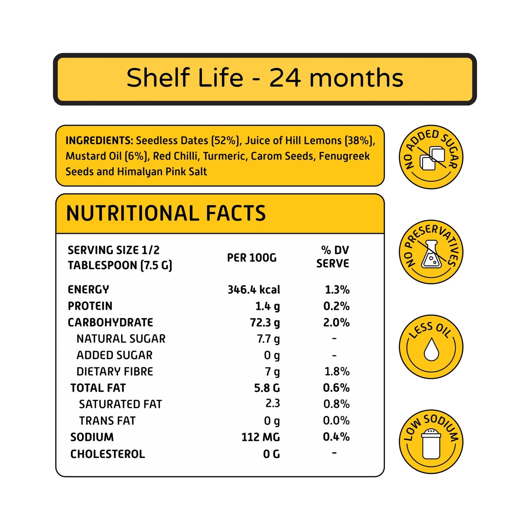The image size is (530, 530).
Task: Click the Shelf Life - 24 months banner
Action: pyautogui.click(x=265, y=78)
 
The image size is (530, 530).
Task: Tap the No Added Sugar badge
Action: pyautogui.click(x=431, y=157)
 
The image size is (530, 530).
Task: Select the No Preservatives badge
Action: pyautogui.click(x=431, y=252)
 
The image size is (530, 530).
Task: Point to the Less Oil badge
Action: pyautogui.click(x=431, y=347)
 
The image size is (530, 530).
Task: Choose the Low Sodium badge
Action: pyautogui.click(x=431, y=441)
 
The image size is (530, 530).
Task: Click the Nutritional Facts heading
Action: pyautogui.click(x=166, y=213)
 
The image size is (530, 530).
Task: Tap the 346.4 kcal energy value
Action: pyautogui.click(x=253, y=290)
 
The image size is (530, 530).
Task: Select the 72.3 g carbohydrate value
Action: pyautogui.click(x=264, y=323)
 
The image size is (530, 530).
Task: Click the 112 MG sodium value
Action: pyautogui.click(x=260, y=437)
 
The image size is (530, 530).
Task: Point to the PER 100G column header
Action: pyautogui.click(x=252, y=258)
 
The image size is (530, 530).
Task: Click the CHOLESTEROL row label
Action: pyautogui.click(x=107, y=454)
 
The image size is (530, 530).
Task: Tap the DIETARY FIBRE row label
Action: pyautogui.click(x=114, y=372)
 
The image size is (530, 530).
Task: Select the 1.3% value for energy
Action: pyautogui.click(x=337, y=290)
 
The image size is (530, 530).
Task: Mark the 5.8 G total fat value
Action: pyautogui.click(x=267, y=388)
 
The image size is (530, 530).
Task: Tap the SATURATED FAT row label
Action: pyautogui.click(x=120, y=404)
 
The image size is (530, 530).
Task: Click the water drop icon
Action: pyautogui.click(x=431, y=349)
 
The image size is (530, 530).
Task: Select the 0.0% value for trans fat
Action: pyautogui.click(x=336, y=421)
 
